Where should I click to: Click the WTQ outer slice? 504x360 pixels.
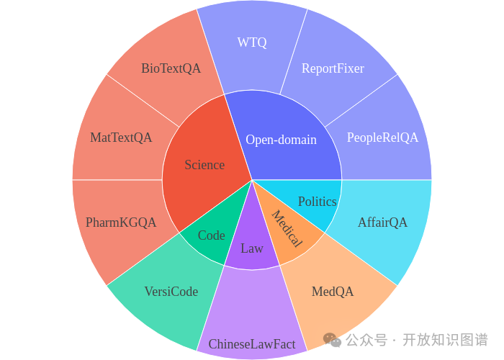(x=252, y=42)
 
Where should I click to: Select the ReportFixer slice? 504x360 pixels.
(x=333, y=68)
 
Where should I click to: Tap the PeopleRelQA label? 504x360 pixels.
(x=382, y=138)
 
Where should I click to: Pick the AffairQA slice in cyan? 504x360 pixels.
(x=382, y=222)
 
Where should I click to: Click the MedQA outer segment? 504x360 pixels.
(x=333, y=292)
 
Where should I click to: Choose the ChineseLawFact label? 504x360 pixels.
(x=252, y=344)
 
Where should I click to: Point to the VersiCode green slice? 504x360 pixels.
(x=171, y=292)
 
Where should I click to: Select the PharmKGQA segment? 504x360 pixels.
(x=121, y=222)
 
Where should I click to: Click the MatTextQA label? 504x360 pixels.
(x=121, y=138)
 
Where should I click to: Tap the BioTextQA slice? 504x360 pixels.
(x=171, y=68)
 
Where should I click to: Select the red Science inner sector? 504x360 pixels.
(x=204, y=165)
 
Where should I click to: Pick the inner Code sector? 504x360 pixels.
(x=211, y=235)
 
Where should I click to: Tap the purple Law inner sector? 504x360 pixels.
(x=252, y=248)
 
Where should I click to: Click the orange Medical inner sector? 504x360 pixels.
(x=287, y=229)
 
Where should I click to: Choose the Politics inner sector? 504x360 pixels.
(x=318, y=202)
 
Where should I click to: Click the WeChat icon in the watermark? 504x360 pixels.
(x=330, y=338)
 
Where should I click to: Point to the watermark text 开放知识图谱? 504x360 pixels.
(x=445, y=339)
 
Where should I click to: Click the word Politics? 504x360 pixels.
(x=318, y=202)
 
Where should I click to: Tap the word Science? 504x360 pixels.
(x=204, y=165)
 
